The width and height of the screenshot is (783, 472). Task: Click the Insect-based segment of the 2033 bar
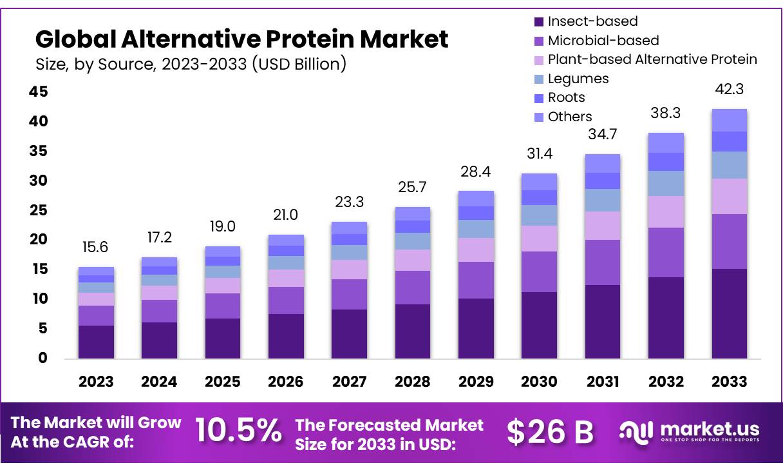coord(729,313)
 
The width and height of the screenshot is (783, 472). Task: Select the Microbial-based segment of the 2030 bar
coord(539,271)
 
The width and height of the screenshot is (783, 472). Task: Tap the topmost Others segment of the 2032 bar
coord(666,143)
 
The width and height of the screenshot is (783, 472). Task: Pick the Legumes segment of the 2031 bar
coord(602,200)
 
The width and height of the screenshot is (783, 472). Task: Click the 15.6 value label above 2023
coord(96,247)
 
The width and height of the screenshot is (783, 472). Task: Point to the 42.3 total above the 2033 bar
coord(729,89)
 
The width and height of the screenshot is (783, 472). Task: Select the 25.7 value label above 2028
coord(412,188)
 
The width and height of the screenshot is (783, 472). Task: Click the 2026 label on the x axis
coord(286,382)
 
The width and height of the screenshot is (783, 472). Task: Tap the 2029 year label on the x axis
coord(476,382)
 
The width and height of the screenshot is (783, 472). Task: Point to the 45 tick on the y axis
coord(39,92)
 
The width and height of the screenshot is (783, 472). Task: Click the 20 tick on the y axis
coord(39,240)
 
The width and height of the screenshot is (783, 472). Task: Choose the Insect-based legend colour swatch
coord(539,22)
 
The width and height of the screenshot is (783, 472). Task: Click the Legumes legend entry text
coord(578,79)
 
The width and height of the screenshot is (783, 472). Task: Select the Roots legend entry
coord(567,97)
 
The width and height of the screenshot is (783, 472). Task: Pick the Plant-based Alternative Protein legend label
coord(652,59)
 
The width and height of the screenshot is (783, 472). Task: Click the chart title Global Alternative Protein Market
coord(241,39)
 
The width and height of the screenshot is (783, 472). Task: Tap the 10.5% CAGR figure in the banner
coord(238,431)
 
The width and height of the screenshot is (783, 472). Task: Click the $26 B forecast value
coord(550,431)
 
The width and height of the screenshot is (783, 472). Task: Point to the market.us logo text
coord(710,428)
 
